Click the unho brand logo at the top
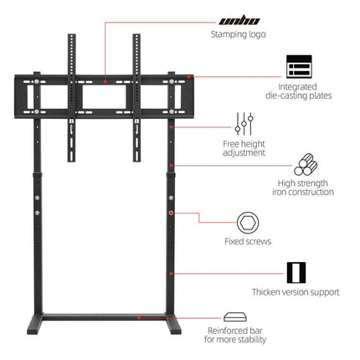[x=239, y=21]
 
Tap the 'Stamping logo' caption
[x=238, y=34]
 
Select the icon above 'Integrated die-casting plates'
[x=299, y=66]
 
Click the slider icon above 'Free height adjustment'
[x=244, y=124]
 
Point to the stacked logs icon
[x=306, y=164]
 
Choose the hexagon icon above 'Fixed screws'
[x=248, y=223]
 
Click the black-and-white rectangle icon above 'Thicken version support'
[x=296, y=273]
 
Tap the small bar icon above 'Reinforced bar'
[x=235, y=317]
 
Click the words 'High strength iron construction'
[x=303, y=188]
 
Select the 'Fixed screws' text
[x=248, y=241]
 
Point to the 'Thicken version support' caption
[x=296, y=292]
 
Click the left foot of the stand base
[x=35, y=324]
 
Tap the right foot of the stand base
[x=173, y=324]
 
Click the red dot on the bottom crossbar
[x=139, y=317]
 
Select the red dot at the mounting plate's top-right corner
[x=188, y=77]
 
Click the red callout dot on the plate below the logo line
[x=105, y=82]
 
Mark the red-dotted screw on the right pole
[x=171, y=213]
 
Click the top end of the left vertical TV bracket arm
[x=72, y=34]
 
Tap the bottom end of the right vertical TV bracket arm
[x=136, y=161]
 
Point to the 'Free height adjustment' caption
[x=244, y=148]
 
